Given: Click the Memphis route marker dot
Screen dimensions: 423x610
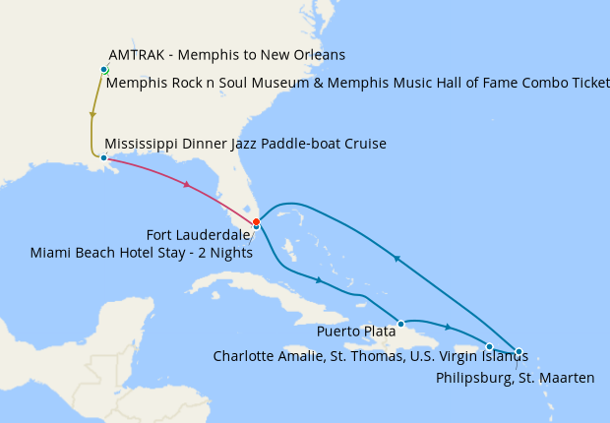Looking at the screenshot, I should tap(103, 69).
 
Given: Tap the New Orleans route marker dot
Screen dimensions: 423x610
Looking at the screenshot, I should tap(103, 157).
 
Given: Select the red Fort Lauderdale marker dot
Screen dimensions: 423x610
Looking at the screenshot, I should tap(256, 221).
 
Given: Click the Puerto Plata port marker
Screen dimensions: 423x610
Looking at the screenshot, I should tap(400, 324).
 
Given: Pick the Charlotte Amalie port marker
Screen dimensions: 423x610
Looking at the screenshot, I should tap(489, 346).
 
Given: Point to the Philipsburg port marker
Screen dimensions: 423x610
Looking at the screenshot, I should tap(518, 351).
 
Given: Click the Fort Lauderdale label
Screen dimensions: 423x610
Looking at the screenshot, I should tap(198, 235).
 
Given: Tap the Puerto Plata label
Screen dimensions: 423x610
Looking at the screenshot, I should tap(356, 332).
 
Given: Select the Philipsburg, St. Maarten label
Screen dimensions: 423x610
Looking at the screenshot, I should tap(515, 377).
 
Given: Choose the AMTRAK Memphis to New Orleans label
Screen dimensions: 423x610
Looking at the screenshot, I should tap(227, 54).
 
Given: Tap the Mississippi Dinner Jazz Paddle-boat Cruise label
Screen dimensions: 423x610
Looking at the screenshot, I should tap(245, 144).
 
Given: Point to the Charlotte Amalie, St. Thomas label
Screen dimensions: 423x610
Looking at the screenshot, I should tap(364, 355).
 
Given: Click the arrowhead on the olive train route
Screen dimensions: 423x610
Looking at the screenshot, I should tap(92, 115).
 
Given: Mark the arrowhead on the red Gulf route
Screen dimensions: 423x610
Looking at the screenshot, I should tap(185, 184).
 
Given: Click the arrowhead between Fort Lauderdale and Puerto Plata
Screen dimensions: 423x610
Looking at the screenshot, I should tap(319, 280).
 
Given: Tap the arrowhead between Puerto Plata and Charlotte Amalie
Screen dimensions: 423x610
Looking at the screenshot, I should tap(449, 327).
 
